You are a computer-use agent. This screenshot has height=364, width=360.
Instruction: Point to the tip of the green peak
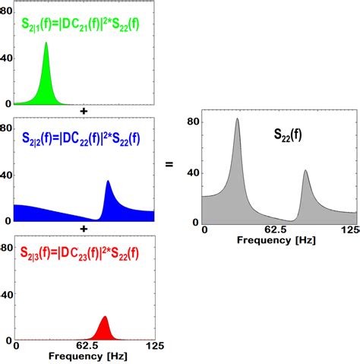click(x=46, y=43)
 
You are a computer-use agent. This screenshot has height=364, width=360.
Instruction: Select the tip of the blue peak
click(x=108, y=182)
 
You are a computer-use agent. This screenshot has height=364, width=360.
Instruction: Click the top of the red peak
click(x=105, y=317)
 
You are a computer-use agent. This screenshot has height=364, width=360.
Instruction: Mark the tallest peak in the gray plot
click(x=237, y=119)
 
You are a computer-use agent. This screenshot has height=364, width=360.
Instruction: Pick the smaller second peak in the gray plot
click(x=305, y=171)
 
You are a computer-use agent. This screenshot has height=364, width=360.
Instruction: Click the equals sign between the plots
click(x=169, y=163)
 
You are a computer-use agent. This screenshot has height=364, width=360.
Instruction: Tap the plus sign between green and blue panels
click(x=83, y=111)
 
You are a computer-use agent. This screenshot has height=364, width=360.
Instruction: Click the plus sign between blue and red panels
click(x=83, y=228)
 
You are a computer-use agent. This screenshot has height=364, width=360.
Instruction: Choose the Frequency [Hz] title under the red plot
click(x=84, y=356)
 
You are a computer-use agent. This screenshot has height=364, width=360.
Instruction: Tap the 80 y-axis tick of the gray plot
click(x=194, y=122)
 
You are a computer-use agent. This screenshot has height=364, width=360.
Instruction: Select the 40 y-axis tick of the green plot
click(x=6, y=58)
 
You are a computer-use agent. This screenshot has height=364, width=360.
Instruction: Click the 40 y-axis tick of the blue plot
click(x=6, y=175)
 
